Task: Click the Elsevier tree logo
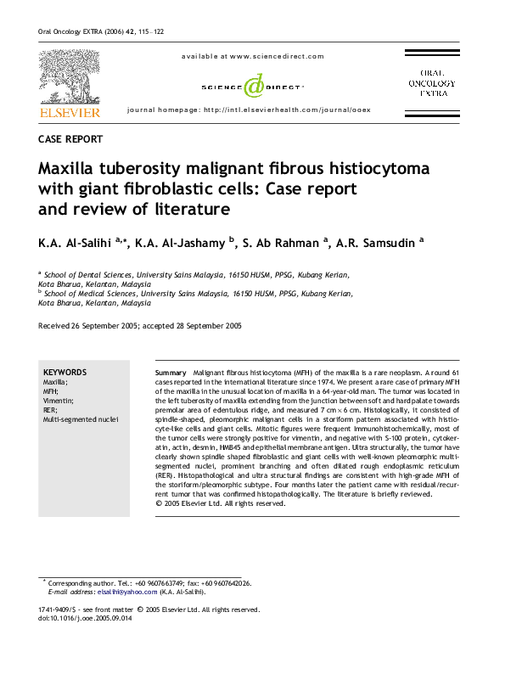click(69, 77)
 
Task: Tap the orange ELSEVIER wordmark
click(69, 112)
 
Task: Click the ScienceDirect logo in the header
click(252, 86)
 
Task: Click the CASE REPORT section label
click(71, 139)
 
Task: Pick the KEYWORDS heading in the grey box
click(65, 372)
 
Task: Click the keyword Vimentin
click(60, 401)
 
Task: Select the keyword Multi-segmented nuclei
click(81, 419)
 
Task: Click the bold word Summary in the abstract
click(171, 374)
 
